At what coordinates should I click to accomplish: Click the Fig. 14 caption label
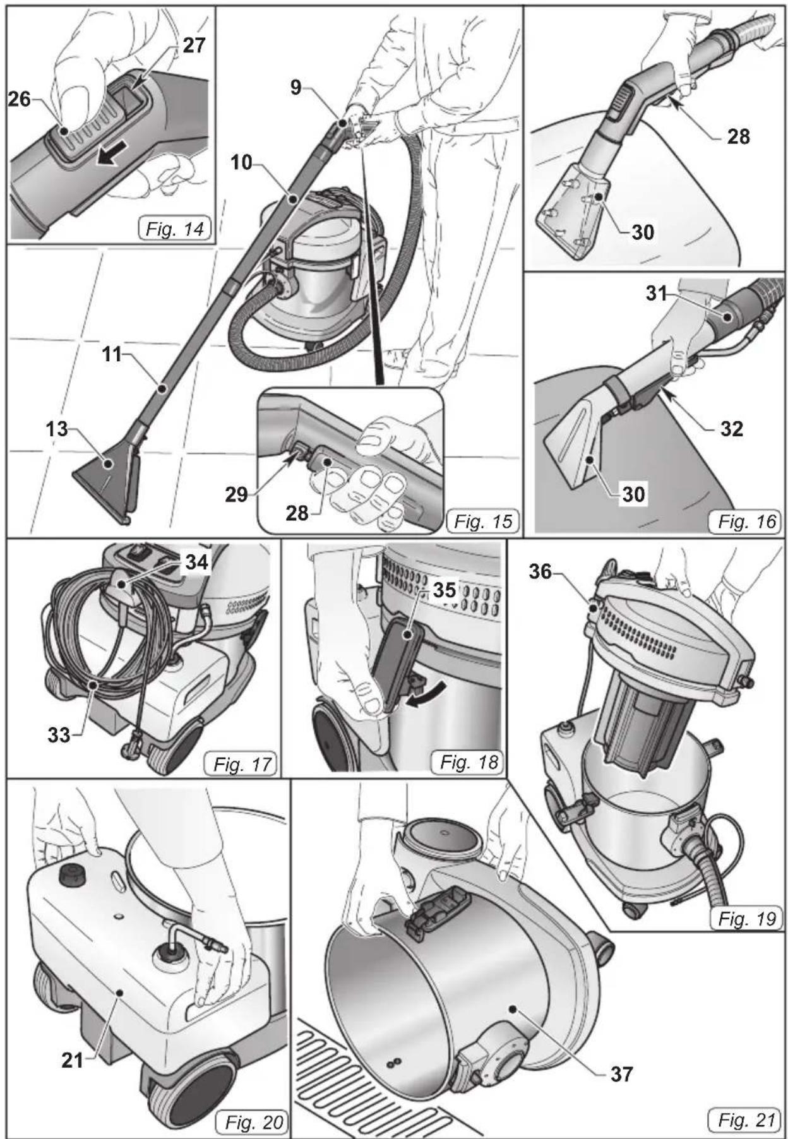tap(175, 229)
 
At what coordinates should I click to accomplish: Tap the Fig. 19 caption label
tap(747, 919)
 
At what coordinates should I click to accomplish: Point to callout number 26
tap(19, 99)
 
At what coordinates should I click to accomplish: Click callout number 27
tap(194, 45)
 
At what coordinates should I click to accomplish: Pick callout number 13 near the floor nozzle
tap(57, 429)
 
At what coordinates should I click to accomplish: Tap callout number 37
tap(621, 1073)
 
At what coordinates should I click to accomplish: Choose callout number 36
tap(540, 572)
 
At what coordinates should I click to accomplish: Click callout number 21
tap(73, 1060)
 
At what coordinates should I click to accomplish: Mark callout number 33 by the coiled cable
tap(59, 734)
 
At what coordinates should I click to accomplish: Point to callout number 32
tap(732, 429)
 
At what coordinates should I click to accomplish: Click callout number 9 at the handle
tap(296, 88)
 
